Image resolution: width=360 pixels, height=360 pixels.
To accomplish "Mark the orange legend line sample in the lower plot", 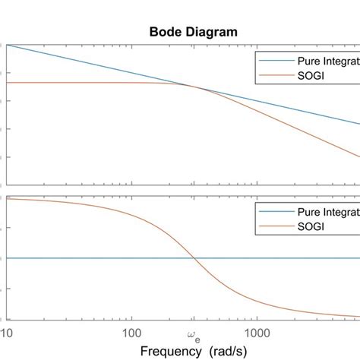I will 272,226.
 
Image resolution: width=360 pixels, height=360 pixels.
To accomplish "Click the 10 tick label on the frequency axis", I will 6,332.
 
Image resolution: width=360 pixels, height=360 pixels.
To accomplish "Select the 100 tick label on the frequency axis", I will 132,332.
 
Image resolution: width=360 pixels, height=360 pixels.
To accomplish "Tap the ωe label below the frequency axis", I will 193,334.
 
